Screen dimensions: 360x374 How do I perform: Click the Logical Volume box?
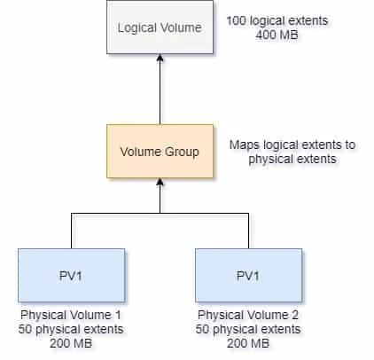click(x=160, y=27)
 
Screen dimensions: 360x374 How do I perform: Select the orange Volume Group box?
click(x=160, y=152)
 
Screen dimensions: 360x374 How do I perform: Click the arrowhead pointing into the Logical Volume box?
click(x=160, y=59)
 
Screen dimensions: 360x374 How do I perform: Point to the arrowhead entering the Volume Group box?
click(x=160, y=184)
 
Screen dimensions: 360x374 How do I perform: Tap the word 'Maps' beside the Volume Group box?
click(x=245, y=145)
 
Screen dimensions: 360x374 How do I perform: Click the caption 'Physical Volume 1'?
click(x=70, y=315)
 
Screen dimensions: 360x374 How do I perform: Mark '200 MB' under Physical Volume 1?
click(x=70, y=343)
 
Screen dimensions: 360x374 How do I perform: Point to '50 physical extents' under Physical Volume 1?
click(x=70, y=329)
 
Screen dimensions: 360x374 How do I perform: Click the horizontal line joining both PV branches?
click(x=115, y=214)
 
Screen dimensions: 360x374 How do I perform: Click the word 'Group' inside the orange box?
click(x=183, y=152)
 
